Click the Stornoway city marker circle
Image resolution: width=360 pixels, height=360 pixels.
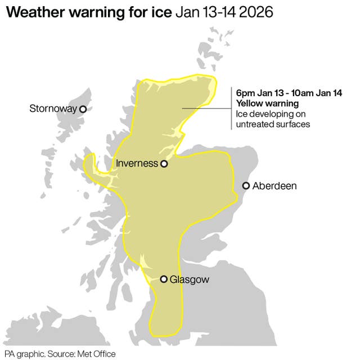pos(83,109)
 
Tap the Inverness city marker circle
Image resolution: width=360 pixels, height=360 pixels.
pos(164,164)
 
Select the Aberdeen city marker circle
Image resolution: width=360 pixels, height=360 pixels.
pos(246,186)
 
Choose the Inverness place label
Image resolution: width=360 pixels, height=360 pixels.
pos(136,164)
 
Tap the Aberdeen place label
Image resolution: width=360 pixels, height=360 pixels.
pos(274,186)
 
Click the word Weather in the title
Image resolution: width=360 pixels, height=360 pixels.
pos(43,12)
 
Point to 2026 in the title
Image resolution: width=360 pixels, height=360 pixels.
pos(255,12)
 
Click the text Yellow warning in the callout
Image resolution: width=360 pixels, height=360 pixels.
pos(267,103)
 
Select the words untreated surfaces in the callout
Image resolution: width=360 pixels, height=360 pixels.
pos(273,124)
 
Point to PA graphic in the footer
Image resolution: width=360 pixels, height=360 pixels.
pos(22,354)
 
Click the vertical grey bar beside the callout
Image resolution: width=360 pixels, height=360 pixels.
pos(231,109)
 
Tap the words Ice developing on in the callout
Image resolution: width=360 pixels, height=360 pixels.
pos(271,114)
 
